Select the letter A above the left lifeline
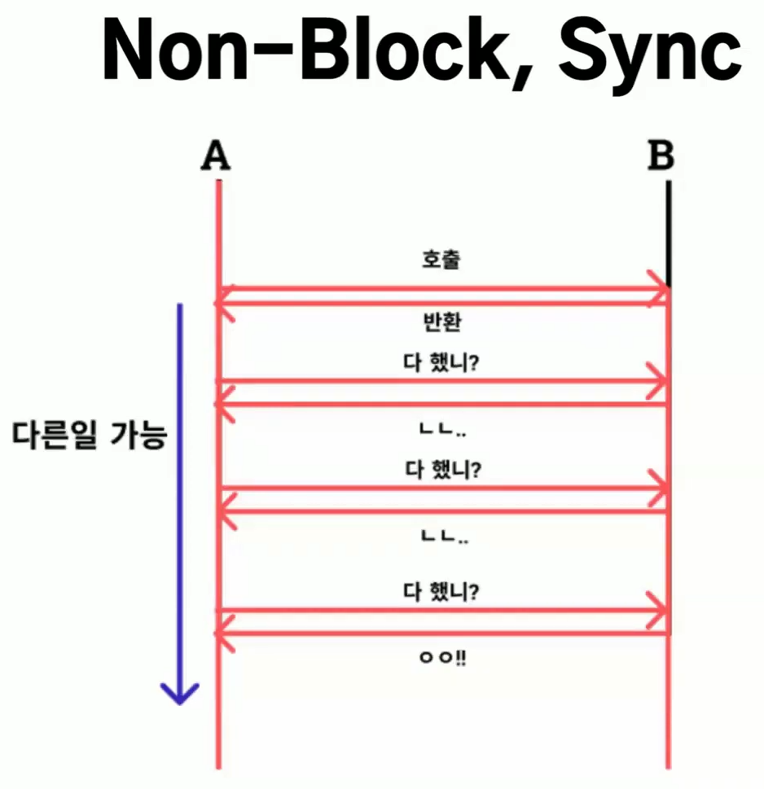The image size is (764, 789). click(x=215, y=156)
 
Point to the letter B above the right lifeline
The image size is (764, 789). click(x=661, y=156)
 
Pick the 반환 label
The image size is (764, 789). click(x=442, y=322)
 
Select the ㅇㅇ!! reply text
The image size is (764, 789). click(x=442, y=657)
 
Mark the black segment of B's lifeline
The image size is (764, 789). click(x=668, y=232)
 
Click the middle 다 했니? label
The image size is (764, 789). click(x=442, y=470)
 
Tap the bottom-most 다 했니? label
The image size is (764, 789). click(x=442, y=590)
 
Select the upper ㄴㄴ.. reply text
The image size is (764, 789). click(x=442, y=429)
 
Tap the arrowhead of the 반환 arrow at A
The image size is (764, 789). click(x=224, y=304)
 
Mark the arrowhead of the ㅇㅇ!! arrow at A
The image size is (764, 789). click(x=224, y=633)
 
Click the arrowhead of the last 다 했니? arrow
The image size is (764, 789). click(x=658, y=610)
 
